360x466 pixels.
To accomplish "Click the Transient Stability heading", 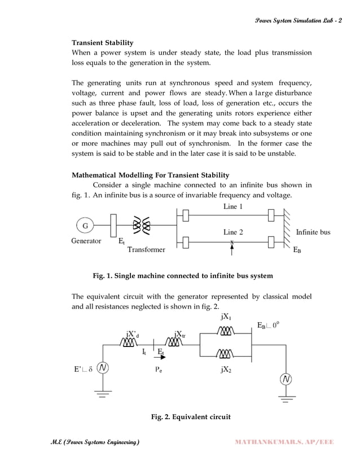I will [102, 42].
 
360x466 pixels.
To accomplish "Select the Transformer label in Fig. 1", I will [146, 249].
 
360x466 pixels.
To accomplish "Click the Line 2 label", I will [233, 232].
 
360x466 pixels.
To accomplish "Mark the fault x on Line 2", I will [232, 241].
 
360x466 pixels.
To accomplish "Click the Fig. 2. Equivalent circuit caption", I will [188, 417].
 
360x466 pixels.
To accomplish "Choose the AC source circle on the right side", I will [287, 379].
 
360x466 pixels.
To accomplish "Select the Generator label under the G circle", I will [86, 241].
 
